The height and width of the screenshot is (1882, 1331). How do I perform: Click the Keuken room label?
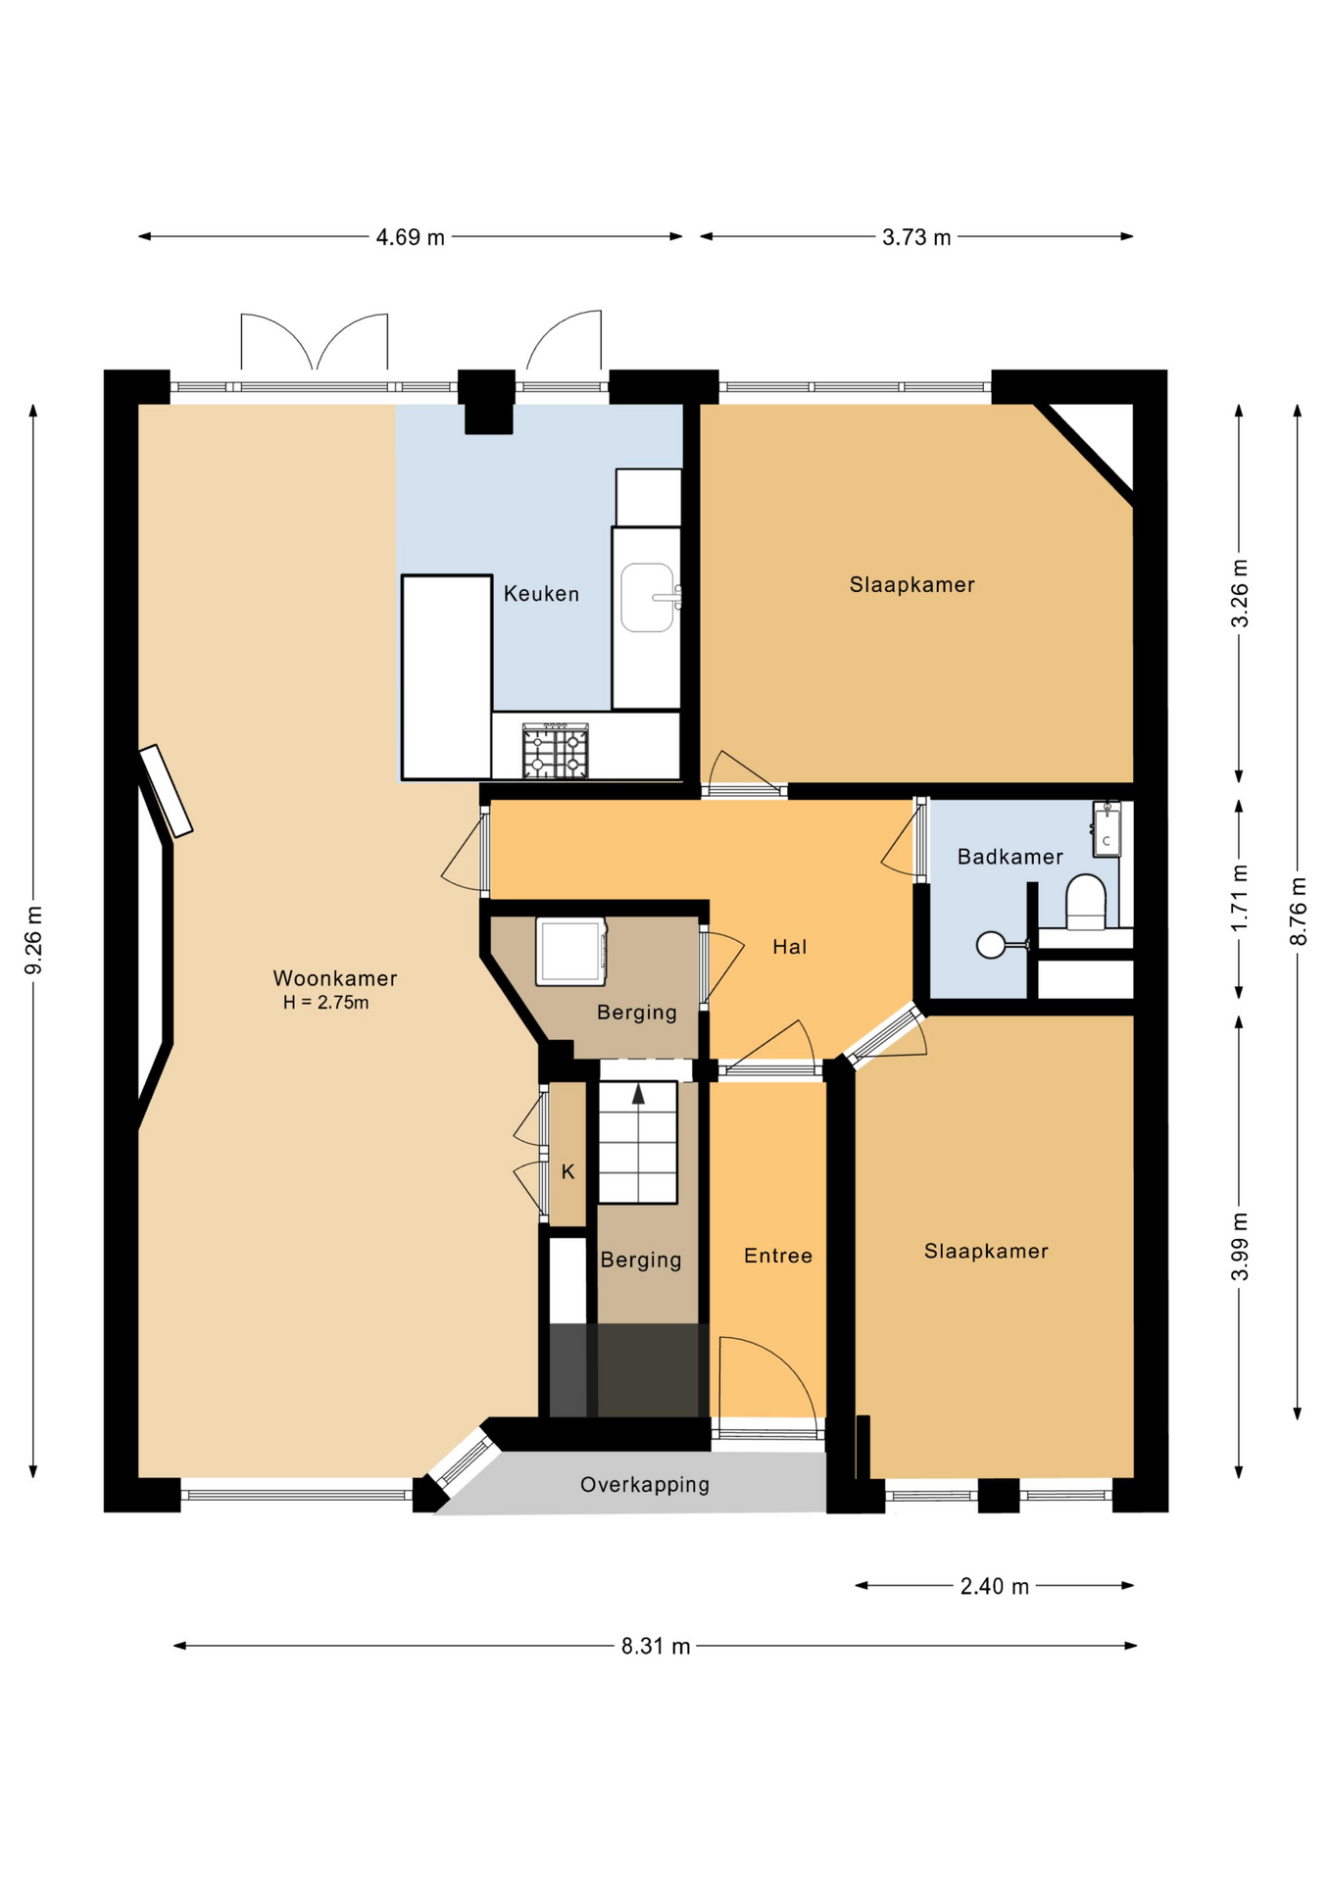(x=541, y=593)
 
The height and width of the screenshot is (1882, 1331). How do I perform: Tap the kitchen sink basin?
(x=647, y=597)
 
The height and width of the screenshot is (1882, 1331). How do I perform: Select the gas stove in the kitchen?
(x=555, y=752)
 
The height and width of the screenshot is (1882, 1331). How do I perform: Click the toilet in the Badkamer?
(x=1085, y=902)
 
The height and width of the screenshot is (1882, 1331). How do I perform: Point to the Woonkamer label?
(x=334, y=978)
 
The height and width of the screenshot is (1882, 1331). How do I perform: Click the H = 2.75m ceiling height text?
(x=326, y=1003)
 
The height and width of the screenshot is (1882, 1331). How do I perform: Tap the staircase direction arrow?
(x=638, y=1095)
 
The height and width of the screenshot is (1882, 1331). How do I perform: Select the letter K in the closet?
(x=567, y=1171)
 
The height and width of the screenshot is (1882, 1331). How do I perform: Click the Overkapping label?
(x=644, y=1484)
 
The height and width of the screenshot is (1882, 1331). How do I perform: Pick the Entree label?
(x=777, y=1256)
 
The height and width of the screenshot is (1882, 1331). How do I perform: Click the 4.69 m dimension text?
(x=410, y=237)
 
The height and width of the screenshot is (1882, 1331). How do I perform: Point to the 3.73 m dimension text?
(x=915, y=237)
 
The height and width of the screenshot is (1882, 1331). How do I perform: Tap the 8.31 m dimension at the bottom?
(x=655, y=1646)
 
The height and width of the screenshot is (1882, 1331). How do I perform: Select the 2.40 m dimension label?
(x=994, y=1586)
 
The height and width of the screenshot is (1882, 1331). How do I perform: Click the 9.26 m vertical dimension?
(x=33, y=940)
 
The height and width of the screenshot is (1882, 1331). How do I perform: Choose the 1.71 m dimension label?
(x=1240, y=898)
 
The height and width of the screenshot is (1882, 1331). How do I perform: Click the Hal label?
(x=789, y=947)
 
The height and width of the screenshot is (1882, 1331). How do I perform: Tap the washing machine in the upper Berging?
(x=571, y=951)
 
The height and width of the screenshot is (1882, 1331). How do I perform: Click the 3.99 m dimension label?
(x=1240, y=1246)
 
